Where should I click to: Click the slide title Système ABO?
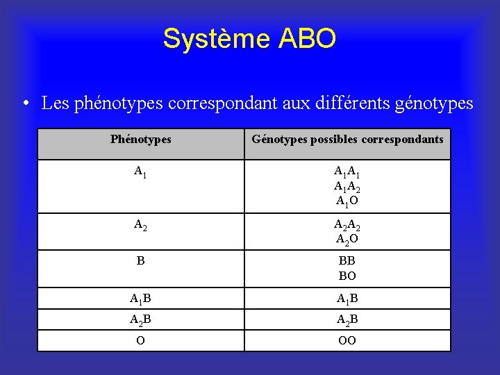point(249,39)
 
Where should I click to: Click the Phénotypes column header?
point(140,140)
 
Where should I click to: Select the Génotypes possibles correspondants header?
point(347,140)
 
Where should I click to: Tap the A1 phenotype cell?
point(140,172)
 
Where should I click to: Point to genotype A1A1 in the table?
point(347,172)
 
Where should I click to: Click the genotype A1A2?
point(347,186)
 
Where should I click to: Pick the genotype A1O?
point(347,201)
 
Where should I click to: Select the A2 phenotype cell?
point(140,224)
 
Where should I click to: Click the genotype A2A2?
point(347,224)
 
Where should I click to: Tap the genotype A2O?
point(347,240)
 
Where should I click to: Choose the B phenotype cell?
point(140,261)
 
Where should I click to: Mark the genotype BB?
point(347,261)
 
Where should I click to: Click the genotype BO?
point(347,276)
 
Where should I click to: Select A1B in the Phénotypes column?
point(140,299)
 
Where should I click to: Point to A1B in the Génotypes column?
point(347,299)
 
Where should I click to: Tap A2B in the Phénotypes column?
point(140,320)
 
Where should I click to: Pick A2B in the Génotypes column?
point(347,320)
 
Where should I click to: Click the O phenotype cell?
point(140,341)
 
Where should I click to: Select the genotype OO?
point(347,341)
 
